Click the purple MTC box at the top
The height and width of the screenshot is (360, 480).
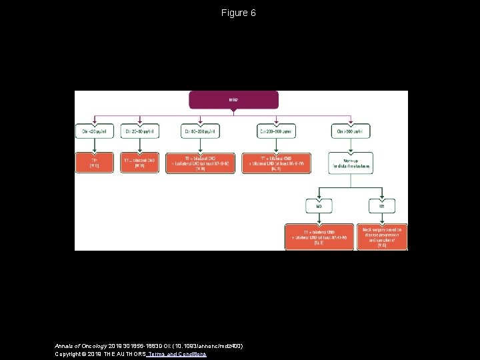tap(234, 100)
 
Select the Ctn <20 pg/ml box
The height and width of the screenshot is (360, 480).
tap(94, 131)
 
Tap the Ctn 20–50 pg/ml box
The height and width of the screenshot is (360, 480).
tap(139, 131)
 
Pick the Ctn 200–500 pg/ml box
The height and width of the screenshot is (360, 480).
tap(277, 131)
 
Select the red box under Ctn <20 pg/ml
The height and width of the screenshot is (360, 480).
tap(94, 163)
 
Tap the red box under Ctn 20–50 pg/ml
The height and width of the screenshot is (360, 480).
tap(139, 163)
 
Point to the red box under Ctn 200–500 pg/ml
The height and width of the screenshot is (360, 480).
tap(277, 163)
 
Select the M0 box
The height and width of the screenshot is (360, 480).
tap(319, 206)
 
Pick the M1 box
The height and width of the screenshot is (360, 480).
tap(382, 206)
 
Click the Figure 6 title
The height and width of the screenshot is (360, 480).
tap(239, 13)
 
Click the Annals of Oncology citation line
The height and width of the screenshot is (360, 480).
tap(148, 346)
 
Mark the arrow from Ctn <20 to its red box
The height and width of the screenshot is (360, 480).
tap(94, 145)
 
